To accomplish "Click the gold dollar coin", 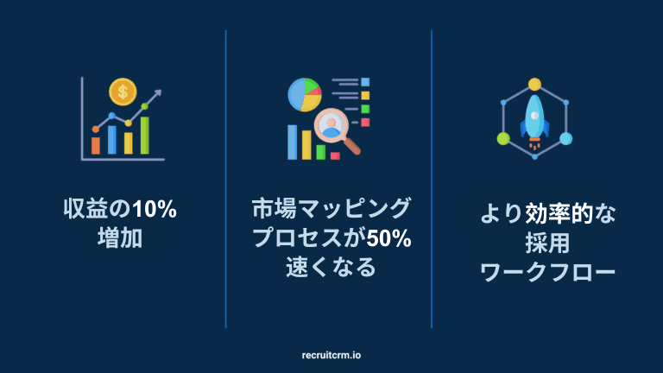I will click(x=123, y=91).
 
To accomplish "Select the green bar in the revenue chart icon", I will click(x=145, y=136).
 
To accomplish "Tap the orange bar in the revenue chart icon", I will click(x=96, y=144).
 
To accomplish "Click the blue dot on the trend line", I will click(x=111, y=115).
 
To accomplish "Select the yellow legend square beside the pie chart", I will click(x=365, y=95).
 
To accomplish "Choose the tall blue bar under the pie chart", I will click(x=305, y=143).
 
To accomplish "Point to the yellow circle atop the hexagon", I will click(x=534, y=85).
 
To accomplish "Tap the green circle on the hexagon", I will click(x=503, y=138).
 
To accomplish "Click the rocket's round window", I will click(x=534, y=114).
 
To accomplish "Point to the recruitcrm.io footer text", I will click(x=331, y=354).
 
